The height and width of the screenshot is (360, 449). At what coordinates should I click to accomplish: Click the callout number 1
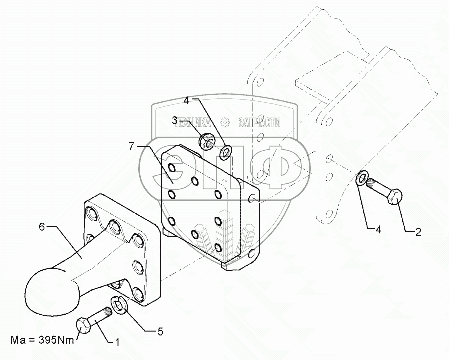(x=117, y=342)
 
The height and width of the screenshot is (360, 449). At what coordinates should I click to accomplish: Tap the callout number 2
(x=418, y=231)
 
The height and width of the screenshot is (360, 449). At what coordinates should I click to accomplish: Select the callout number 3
(x=175, y=120)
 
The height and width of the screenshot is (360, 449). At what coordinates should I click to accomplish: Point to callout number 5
(x=161, y=331)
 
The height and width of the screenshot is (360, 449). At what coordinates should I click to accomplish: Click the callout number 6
(x=42, y=227)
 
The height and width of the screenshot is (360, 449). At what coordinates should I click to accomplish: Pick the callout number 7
(x=131, y=146)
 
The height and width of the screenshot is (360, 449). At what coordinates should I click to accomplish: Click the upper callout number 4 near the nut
(x=186, y=100)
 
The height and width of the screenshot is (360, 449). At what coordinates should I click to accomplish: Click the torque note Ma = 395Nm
(x=42, y=341)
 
